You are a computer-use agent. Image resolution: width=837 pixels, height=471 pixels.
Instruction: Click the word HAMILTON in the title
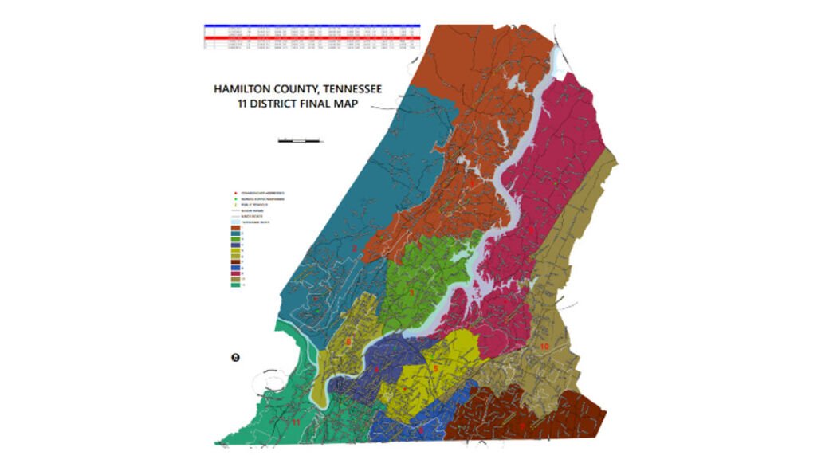[x=242, y=90]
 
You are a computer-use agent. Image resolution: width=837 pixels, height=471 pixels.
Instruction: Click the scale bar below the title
[x=299, y=141]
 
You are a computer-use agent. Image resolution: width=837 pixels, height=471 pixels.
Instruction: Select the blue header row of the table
[x=311, y=26]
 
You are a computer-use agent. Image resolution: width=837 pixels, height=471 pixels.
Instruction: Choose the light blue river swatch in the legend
[x=236, y=222]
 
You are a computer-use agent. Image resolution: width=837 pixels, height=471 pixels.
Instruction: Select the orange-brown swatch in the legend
[x=236, y=228]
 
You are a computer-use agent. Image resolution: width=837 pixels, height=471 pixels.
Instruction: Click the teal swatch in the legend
[x=236, y=234]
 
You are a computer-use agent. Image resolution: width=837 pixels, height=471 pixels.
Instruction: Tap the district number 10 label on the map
[x=544, y=347]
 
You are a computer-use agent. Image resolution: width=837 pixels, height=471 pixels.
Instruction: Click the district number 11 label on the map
[x=296, y=421]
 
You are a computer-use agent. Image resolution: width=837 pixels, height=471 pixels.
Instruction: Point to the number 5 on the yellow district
[x=436, y=368]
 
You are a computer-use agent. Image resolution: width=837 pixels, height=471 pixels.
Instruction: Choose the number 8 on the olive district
[x=348, y=343]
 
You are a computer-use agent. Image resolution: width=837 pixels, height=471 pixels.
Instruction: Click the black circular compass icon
[x=235, y=357]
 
